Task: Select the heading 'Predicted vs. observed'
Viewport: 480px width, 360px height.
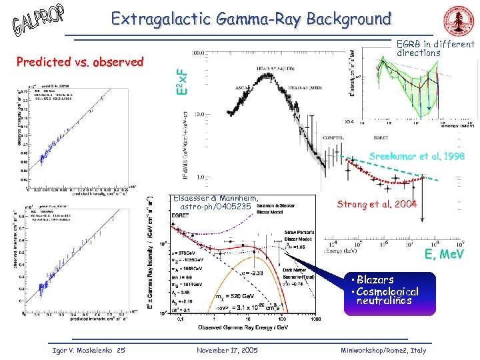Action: pos(80,62)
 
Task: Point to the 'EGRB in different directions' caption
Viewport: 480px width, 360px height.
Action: pos(435,48)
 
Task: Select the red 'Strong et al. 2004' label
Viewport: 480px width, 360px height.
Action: pos(377,204)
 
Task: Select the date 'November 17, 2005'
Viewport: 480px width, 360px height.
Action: pos(229,351)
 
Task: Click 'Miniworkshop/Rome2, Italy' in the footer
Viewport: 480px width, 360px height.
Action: pos(383,351)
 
